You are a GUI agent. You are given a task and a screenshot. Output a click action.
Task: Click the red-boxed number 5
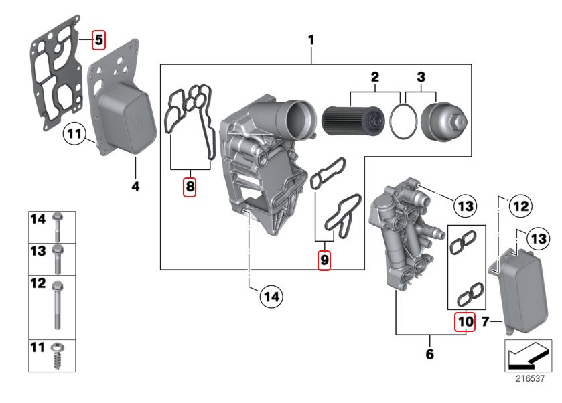(98, 39)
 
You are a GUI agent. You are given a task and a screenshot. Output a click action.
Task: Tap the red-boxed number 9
(324, 260)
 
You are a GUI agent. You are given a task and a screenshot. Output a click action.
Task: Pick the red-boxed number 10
(464, 322)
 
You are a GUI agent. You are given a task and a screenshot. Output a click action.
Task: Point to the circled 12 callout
(521, 207)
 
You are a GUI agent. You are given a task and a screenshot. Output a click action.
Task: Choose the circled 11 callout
(75, 136)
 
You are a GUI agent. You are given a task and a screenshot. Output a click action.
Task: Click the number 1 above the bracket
(311, 40)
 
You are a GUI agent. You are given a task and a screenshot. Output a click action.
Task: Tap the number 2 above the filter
(375, 77)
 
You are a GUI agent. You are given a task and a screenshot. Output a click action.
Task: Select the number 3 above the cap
(421, 77)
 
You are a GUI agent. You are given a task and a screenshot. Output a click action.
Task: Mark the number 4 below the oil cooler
(135, 187)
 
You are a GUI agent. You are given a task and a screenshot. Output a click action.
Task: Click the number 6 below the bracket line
(429, 353)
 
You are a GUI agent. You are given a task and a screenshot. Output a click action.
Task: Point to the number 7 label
(487, 323)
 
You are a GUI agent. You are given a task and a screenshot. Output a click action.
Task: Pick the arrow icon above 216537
(529, 355)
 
